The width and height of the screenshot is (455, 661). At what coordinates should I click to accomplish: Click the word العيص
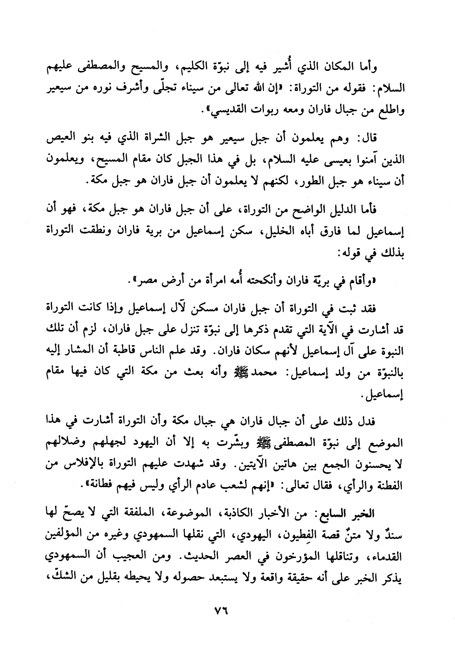pos(66,140)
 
